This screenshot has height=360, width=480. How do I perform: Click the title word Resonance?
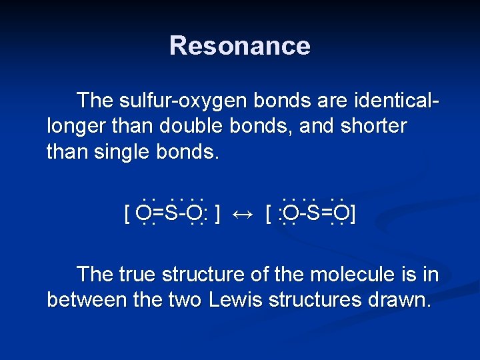pyautogui.click(x=239, y=46)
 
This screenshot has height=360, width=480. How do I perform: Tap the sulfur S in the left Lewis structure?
pyautogui.click(x=171, y=213)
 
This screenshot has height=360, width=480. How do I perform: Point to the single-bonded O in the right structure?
pyautogui.click(x=289, y=213)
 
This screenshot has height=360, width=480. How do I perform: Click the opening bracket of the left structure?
pyautogui.click(x=127, y=215)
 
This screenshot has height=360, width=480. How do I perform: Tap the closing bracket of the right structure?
pyautogui.click(x=353, y=215)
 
